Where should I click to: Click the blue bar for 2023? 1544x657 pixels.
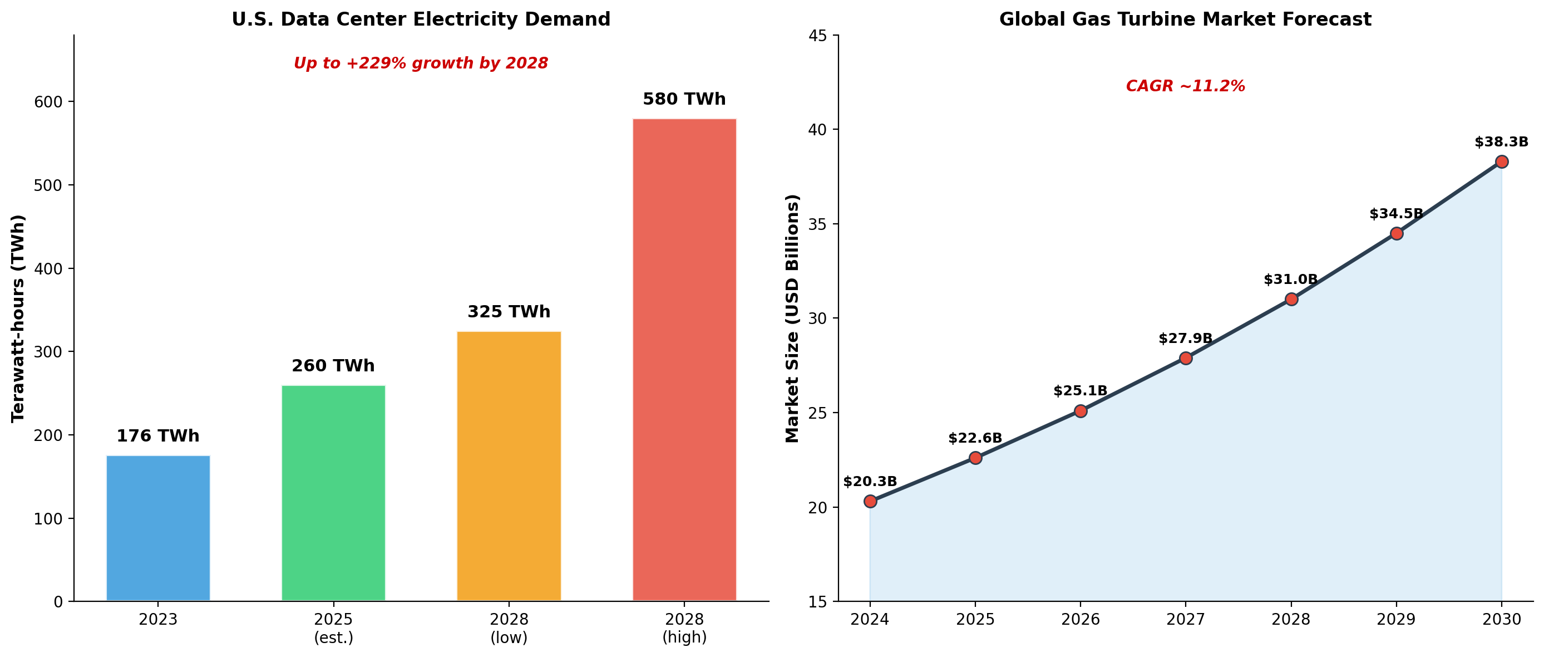158,528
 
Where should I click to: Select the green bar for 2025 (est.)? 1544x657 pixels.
333,493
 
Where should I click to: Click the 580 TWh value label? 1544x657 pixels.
684,99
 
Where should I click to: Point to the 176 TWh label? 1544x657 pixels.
157,435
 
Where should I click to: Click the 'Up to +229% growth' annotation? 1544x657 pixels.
421,63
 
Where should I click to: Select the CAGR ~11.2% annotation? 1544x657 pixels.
1185,86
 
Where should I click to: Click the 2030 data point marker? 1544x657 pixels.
1502,161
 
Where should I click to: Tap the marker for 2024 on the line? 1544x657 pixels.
870,501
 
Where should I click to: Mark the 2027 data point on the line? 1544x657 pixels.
1186,358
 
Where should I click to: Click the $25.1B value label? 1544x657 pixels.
1080,391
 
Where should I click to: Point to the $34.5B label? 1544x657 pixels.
1396,214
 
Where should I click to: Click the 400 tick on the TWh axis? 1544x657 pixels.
48,269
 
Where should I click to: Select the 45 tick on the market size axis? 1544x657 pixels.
817,36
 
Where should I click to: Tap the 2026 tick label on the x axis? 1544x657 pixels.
1080,619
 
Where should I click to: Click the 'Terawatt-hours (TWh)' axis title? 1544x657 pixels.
18,318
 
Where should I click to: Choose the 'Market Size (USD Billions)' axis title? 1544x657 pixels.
792,318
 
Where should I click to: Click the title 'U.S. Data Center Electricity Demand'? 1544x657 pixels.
421,19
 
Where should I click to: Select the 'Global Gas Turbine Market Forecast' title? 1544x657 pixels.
1185,19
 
